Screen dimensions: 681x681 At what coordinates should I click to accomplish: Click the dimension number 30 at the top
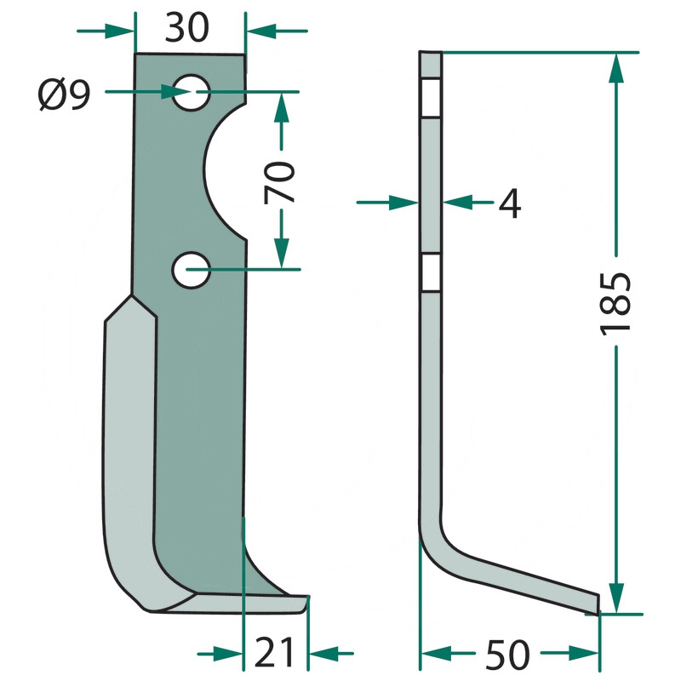(186, 28)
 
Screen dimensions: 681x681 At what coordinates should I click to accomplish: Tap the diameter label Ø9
(65, 94)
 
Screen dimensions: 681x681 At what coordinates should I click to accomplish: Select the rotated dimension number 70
(279, 182)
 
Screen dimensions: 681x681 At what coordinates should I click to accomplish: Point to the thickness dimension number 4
(509, 203)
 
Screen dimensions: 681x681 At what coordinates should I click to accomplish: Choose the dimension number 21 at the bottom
(274, 652)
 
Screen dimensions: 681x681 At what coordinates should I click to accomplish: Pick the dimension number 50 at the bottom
(507, 655)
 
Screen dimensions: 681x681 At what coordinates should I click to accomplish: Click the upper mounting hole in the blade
(191, 93)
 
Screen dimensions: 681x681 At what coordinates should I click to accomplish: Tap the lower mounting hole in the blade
(191, 270)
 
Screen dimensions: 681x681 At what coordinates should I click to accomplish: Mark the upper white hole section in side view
(431, 98)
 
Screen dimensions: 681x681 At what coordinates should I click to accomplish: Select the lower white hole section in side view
(431, 272)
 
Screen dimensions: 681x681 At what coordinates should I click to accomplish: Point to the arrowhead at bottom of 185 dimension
(616, 598)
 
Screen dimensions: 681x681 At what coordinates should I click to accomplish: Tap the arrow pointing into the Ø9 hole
(147, 92)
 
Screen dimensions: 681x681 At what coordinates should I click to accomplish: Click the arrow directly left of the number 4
(387, 203)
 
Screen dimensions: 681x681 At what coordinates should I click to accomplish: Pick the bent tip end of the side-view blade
(598, 604)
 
